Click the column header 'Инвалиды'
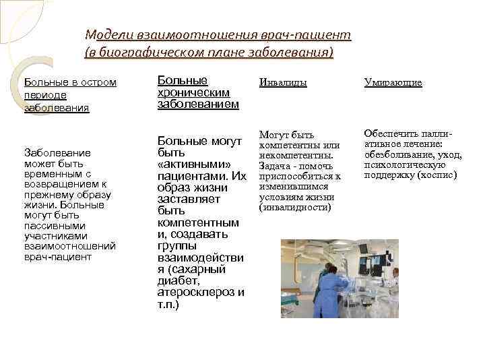283,82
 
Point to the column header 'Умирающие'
393,82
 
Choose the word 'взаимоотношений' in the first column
69,246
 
